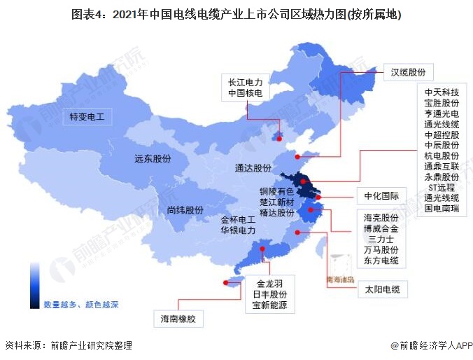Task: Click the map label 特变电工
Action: pos(86,116)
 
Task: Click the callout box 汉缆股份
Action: pos(408,71)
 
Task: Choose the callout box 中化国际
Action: pos(381,195)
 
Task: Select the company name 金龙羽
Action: pos(269,284)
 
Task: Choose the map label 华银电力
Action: pos(238,230)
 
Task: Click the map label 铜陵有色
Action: pos(276,191)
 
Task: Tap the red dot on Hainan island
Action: pos(225,283)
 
